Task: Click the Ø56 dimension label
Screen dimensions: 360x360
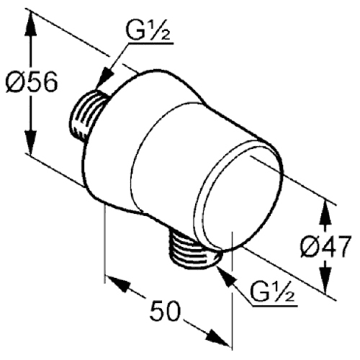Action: point(32,82)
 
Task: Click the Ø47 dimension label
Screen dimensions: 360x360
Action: point(325,246)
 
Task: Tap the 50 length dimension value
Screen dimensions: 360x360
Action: point(165,310)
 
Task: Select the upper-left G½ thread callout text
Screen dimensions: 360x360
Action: point(148,31)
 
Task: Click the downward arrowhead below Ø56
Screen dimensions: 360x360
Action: point(31,142)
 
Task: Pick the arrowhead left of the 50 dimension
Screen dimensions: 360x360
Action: point(117,284)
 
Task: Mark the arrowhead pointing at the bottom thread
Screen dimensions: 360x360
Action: point(225,276)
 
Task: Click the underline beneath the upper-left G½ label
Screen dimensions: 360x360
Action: point(151,44)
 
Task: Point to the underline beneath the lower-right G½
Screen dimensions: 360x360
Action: point(274,306)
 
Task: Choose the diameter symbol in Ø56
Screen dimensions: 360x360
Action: point(14,82)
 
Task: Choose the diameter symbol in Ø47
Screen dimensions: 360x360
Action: point(309,246)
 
